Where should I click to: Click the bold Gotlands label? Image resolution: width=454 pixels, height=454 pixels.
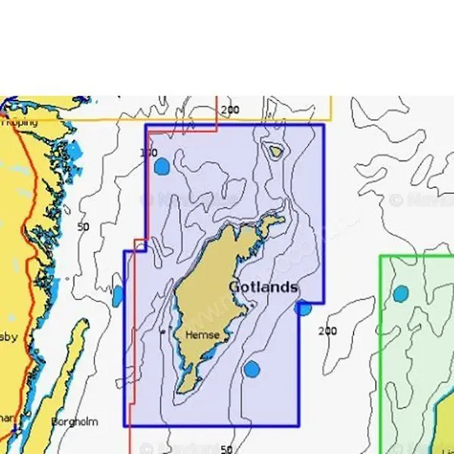tap(263, 287)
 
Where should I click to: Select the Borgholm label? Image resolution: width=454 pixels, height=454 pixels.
tap(74, 422)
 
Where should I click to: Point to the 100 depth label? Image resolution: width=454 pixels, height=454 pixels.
tap(149, 153)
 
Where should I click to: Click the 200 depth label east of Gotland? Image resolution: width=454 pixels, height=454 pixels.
tap(327, 331)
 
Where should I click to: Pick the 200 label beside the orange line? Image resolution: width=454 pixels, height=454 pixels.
tap(230, 110)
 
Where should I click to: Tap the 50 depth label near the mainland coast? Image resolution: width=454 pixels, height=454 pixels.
tap(83, 227)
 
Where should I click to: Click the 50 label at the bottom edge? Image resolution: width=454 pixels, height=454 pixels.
tap(227, 448)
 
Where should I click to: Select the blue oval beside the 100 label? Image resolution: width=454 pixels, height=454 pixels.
tap(162, 167)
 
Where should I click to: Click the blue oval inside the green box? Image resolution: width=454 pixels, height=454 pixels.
tap(401, 294)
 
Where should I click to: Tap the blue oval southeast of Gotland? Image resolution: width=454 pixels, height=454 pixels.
tap(252, 369)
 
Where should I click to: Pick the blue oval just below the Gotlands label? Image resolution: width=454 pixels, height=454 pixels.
tap(303, 308)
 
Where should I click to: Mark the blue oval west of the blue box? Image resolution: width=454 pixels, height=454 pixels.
tap(118, 296)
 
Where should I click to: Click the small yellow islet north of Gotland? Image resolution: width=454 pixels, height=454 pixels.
tap(276, 150)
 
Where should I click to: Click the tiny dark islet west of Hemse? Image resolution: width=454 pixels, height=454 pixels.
tap(163, 331)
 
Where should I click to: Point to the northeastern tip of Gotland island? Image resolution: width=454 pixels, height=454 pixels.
tap(281, 219)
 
